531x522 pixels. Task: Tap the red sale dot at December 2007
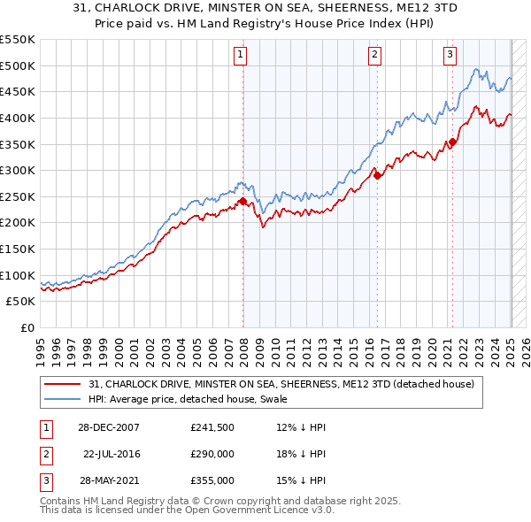pyautogui.click(x=242, y=201)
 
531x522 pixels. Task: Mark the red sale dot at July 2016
pyautogui.click(x=378, y=175)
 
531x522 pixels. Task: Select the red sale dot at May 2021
pyautogui.click(x=452, y=142)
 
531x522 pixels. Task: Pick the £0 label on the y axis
pyautogui.click(x=27, y=327)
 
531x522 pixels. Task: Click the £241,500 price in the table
pyautogui.click(x=212, y=427)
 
